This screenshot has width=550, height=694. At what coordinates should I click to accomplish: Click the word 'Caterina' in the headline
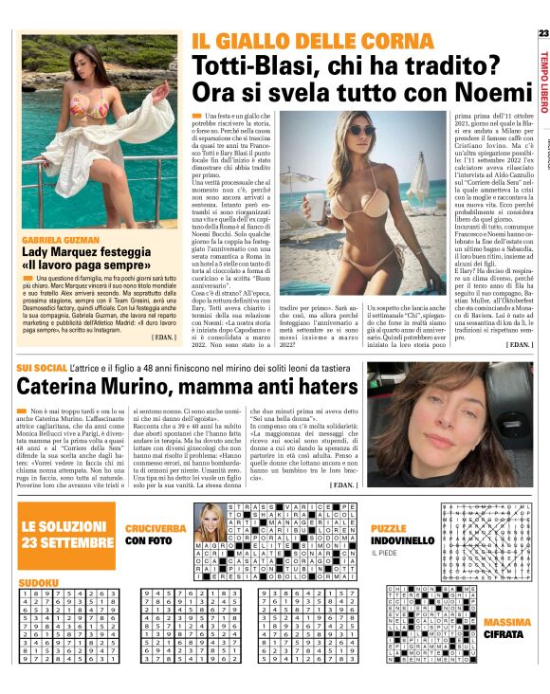coord(65,388)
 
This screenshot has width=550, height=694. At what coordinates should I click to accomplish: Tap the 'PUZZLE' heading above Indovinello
coord(389,528)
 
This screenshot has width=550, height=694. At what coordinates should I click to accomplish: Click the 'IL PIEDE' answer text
coord(384,554)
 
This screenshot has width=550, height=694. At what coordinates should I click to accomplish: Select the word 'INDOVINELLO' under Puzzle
coord(402,540)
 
